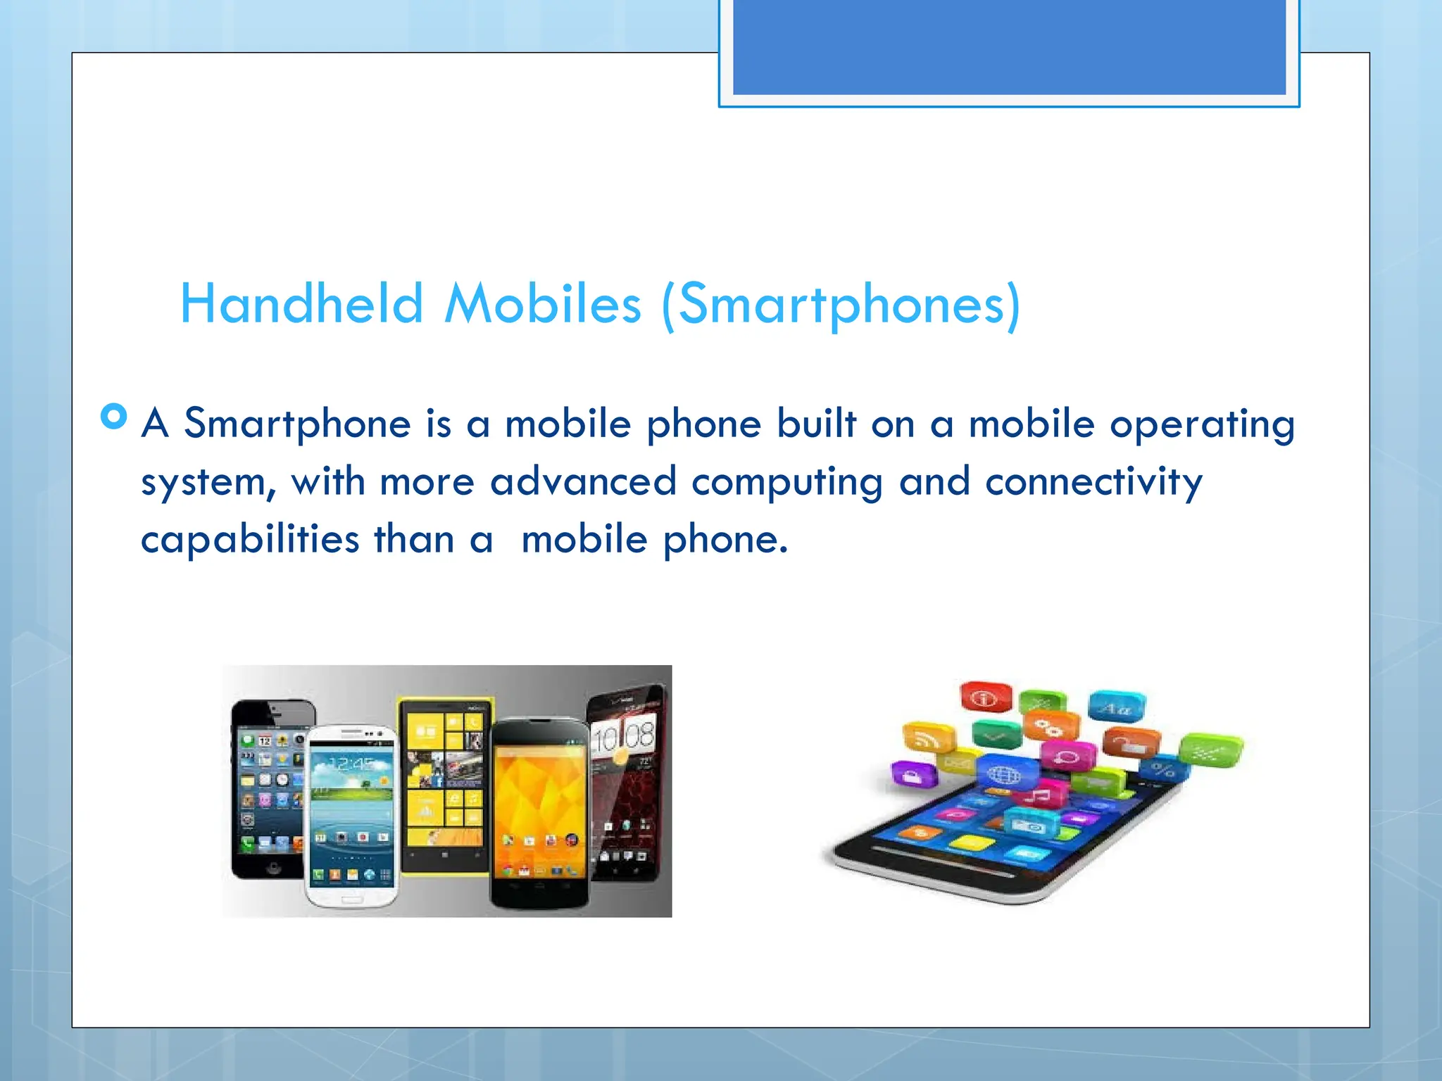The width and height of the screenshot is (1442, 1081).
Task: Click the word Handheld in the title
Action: [x=301, y=304]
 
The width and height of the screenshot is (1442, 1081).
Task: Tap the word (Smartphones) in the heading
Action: [x=841, y=304]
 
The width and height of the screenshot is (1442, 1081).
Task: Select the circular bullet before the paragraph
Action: [x=114, y=416]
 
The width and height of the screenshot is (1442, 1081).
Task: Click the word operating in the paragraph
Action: [x=1202, y=424]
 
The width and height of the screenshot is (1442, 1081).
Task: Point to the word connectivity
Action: [x=1093, y=482]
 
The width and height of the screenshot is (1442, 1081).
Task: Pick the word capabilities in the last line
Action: [x=250, y=540]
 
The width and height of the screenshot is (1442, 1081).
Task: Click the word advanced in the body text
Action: [x=583, y=482]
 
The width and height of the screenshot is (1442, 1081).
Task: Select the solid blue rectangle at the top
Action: [x=1009, y=46]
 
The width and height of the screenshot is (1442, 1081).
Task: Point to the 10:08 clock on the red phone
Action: [x=623, y=737]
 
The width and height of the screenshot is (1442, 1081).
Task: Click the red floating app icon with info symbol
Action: [x=985, y=697]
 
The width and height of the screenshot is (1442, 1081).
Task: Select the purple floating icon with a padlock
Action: [x=913, y=776]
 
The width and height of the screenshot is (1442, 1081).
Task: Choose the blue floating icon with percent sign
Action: [x=1162, y=769]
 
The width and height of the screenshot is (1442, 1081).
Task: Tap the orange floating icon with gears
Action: [x=1051, y=726]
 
